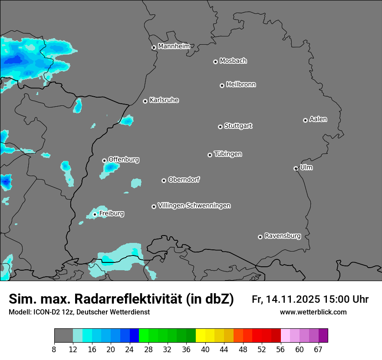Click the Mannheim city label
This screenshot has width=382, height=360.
[174, 46]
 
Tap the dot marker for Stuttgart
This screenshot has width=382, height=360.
[220, 127]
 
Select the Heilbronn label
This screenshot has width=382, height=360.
[241, 84]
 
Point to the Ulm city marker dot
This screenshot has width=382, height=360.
[296, 168]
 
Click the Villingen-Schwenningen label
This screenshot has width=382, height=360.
[194, 205]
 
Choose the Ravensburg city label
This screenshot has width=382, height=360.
[283, 236]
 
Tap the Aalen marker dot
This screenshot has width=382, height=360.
[305, 120]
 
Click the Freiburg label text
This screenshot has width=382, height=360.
[112, 213]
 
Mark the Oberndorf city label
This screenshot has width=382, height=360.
[184, 180]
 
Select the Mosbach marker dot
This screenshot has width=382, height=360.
[215, 62]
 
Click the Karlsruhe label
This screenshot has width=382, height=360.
[164, 100]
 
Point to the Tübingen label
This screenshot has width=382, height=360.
[228, 154]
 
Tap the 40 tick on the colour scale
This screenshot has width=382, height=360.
[205, 350]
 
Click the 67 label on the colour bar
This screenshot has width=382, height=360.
[319, 350]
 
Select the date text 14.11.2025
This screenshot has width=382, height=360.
[293, 299]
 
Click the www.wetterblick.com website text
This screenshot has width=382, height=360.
[313, 312]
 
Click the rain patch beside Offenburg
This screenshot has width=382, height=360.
[110, 169]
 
